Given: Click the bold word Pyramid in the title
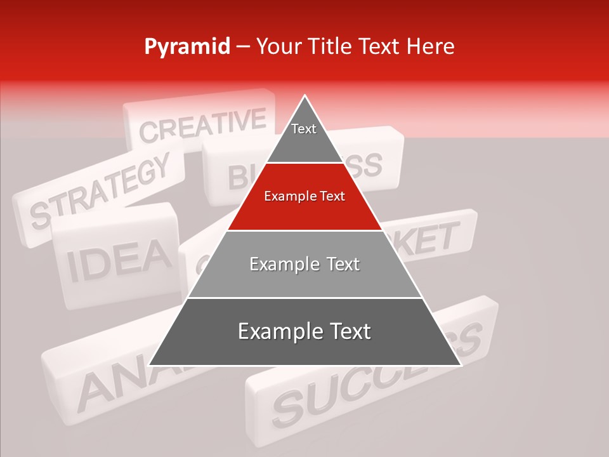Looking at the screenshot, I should coord(187,46).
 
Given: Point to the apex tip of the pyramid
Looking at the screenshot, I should coord(304,96).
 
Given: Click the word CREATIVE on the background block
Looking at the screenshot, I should coord(202,125).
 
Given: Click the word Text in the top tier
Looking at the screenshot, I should coord(304,129).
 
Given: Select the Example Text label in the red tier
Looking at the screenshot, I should coord(304,196).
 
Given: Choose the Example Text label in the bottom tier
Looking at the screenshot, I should coord(304,331).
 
